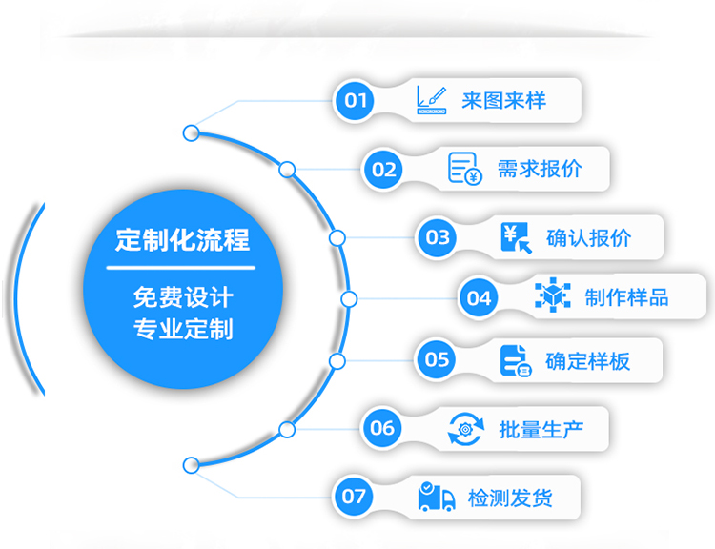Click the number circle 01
[356, 100]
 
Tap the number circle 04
[479, 298]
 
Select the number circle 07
[354, 496]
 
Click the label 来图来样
[503, 100]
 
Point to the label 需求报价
[539, 170]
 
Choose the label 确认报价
[588, 237]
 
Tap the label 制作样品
[626, 297]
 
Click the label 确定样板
[587, 360]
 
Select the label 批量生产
[541, 429]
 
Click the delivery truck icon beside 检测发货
[437, 497]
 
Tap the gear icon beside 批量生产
[466, 429]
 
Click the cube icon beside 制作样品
[552, 297]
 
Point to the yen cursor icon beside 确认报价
[516, 237]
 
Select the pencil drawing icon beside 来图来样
[431, 100]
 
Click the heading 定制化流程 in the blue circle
[182, 239]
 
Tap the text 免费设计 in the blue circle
[182, 297]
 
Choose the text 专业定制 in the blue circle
[182, 330]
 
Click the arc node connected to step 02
[287, 170]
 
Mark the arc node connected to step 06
[287, 429]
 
